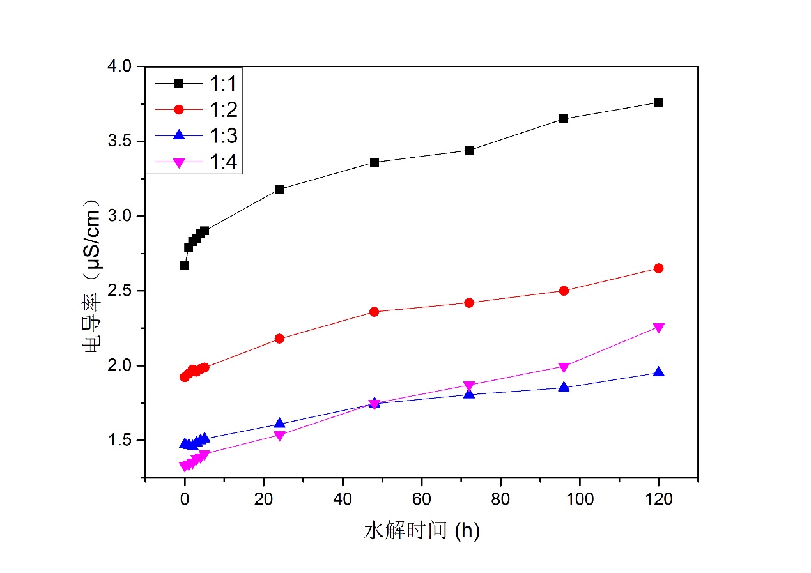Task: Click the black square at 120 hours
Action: click(658, 102)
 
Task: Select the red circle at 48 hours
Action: click(375, 312)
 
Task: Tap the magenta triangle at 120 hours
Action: click(658, 328)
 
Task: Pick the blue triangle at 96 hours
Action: click(564, 387)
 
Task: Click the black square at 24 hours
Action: click(279, 189)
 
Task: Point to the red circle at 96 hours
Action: click(564, 291)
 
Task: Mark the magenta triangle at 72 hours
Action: click(469, 386)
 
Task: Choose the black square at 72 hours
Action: click(469, 150)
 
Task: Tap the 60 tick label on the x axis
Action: click(421, 500)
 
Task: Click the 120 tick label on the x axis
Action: click(658, 500)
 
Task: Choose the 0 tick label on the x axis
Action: click(185, 500)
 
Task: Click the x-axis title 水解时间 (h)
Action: click(422, 530)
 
